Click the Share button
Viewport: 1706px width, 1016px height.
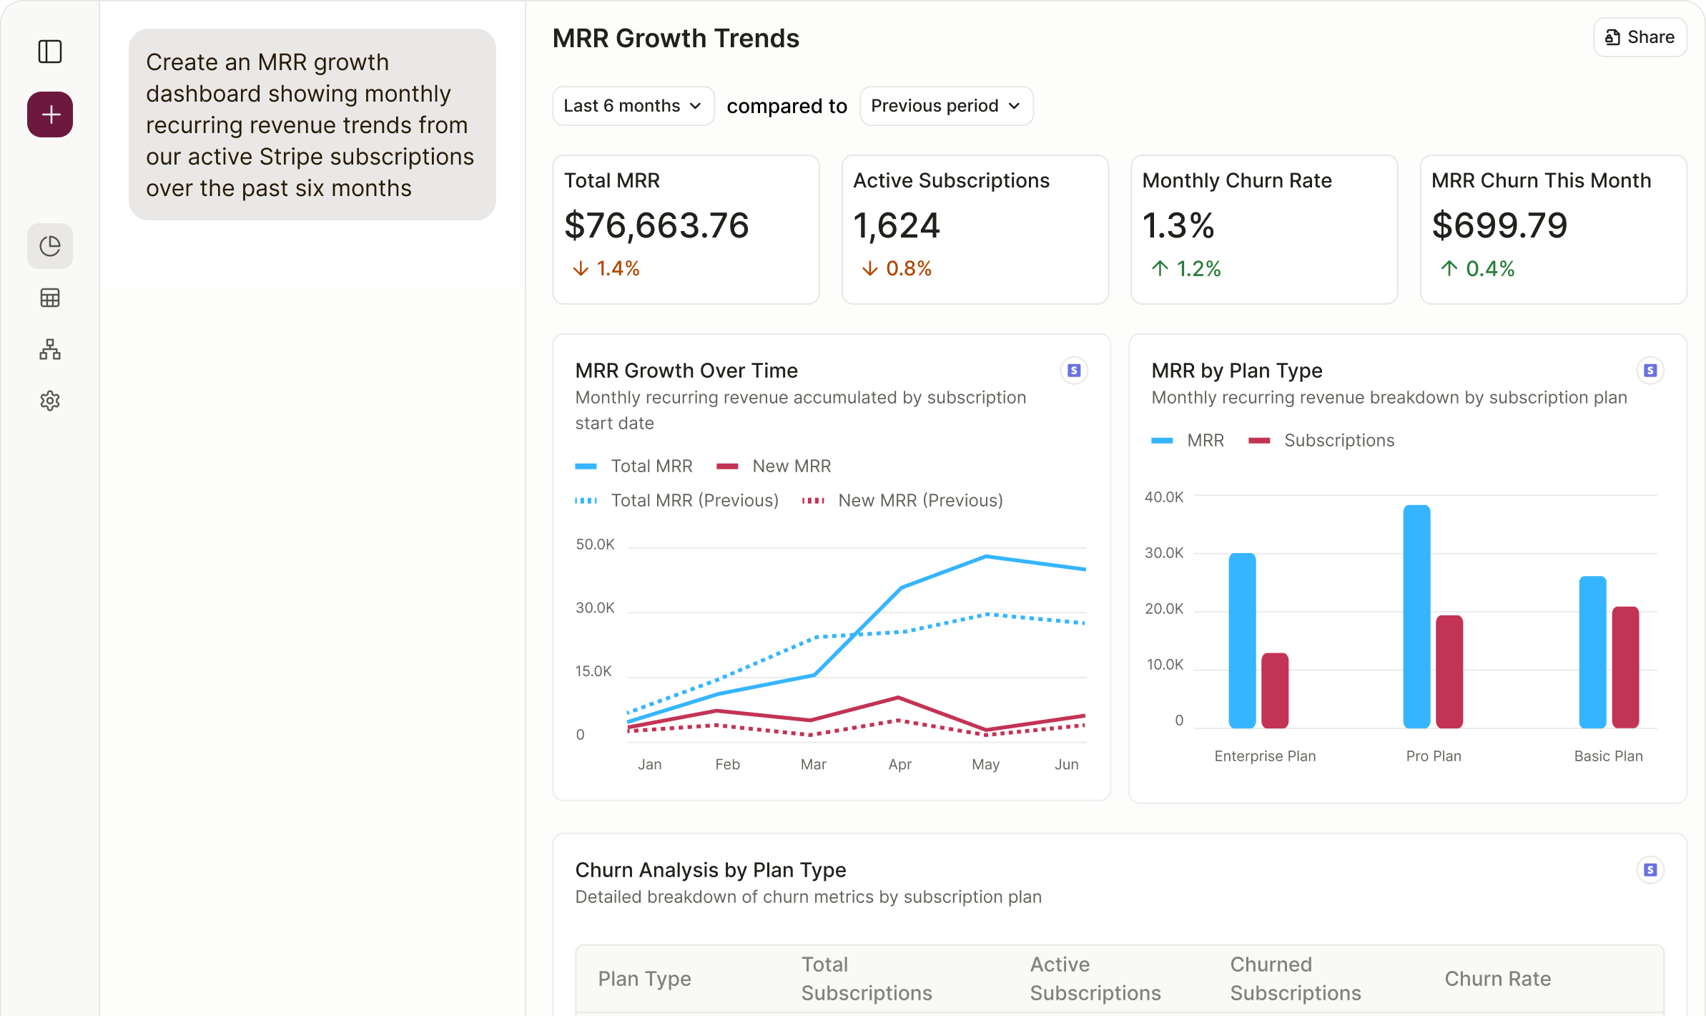pyautogui.click(x=1640, y=37)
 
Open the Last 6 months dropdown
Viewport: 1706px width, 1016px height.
pyautogui.click(x=633, y=106)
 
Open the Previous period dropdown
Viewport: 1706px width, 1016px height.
pyautogui.click(x=945, y=106)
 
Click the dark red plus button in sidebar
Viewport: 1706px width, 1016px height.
pyautogui.click(x=50, y=114)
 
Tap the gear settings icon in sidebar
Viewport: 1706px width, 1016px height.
pyautogui.click(x=50, y=401)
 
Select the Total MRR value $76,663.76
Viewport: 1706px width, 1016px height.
pyautogui.click(x=656, y=225)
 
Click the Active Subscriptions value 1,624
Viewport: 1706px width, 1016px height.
pyautogui.click(x=897, y=225)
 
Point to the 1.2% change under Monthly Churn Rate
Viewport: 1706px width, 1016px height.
pyautogui.click(x=1187, y=269)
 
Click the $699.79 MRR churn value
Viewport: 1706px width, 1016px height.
pyautogui.click(x=1499, y=225)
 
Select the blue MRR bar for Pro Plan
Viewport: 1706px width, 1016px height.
pyautogui.click(x=1416, y=615)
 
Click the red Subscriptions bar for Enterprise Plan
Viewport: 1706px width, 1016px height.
pyautogui.click(x=1275, y=690)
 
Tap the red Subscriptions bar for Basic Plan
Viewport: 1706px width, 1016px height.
pyautogui.click(x=1625, y=667)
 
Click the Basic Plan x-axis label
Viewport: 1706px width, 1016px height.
pyautogui.click(x=1608, y=756)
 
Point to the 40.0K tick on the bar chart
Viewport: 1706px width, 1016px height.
pyautogui.click(x=1164, y=497)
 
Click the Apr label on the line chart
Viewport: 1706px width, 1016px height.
pyautogui.click(x=899, y=764)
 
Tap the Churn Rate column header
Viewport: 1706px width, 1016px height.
pyautogui.click(x=1497, y=979)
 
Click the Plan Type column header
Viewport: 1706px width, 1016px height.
pyautogui.click(x=644, y=979)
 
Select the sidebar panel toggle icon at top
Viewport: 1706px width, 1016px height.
pyautogui.click(x=50, y=52)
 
